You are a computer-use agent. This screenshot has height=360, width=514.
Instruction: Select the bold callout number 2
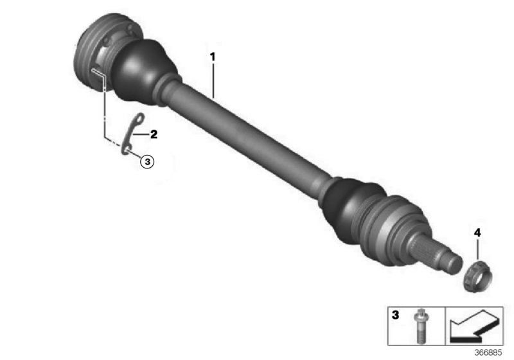[154, 135]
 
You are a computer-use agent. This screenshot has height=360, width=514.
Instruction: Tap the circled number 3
[147, 161]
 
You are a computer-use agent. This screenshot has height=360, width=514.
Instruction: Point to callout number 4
[477, 231]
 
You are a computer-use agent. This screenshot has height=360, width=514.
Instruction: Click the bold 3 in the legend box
[396, 316]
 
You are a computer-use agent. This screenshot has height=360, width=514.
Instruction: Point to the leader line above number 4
[477, 246]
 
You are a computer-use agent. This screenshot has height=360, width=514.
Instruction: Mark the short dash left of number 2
[145, 135]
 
